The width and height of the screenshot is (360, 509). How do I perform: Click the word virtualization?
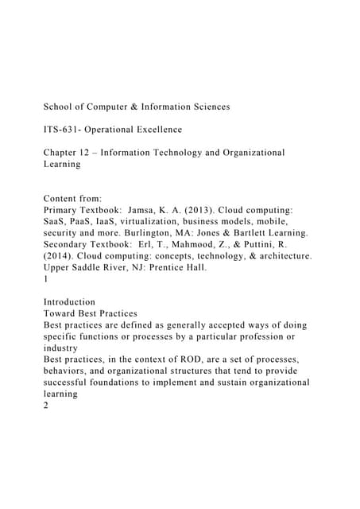point(160,224)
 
